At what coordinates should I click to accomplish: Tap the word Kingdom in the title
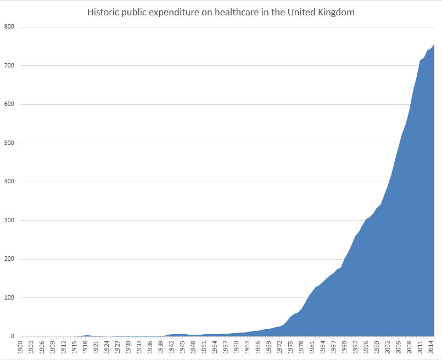tap(335, 13)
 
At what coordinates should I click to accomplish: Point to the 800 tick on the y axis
tap(9, 27)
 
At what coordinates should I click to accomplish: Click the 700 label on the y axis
tap(9, 66)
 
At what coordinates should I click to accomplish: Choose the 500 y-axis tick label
tap(9, 143)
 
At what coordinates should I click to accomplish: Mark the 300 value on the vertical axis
tap(9, 221)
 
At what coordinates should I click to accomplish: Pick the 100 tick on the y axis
tap(9, 298)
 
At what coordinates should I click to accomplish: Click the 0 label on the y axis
tap(13, 336)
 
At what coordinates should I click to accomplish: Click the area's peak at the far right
tap(434, 45)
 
